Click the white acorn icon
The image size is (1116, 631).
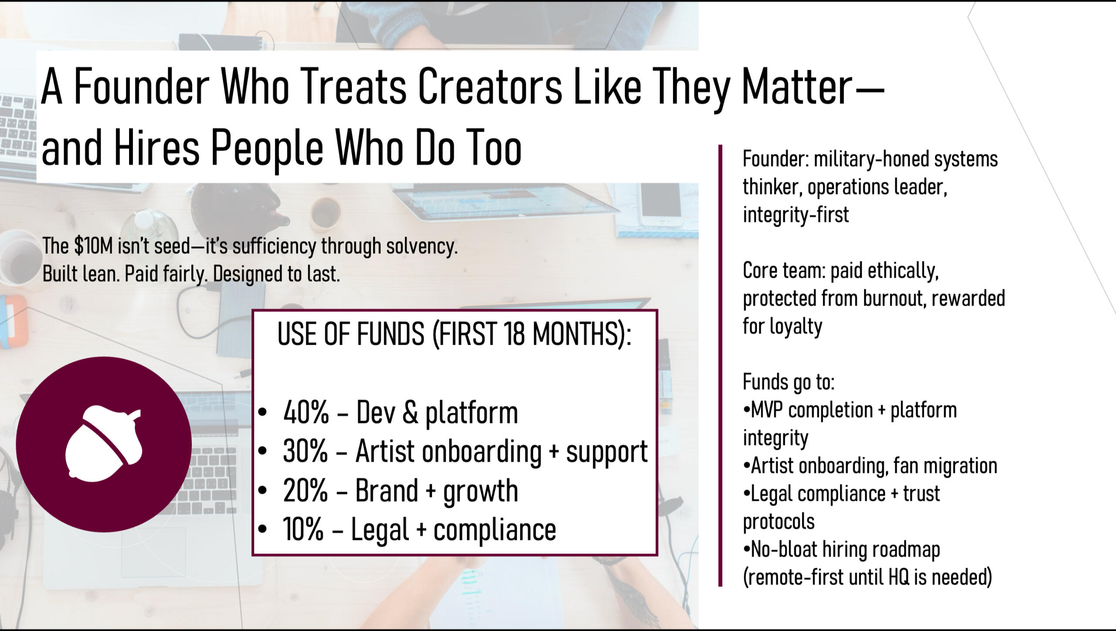click(103, 444)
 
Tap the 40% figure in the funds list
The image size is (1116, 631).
click(306, 412)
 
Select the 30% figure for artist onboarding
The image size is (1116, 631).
click(305, 451)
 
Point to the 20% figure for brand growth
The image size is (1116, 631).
click(305, 490)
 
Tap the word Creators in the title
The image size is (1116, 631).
click(490, 86)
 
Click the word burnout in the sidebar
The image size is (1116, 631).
click(894, 299)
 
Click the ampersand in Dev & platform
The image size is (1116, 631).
click(410, 412)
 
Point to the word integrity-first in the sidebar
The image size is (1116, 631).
click(796, 215)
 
